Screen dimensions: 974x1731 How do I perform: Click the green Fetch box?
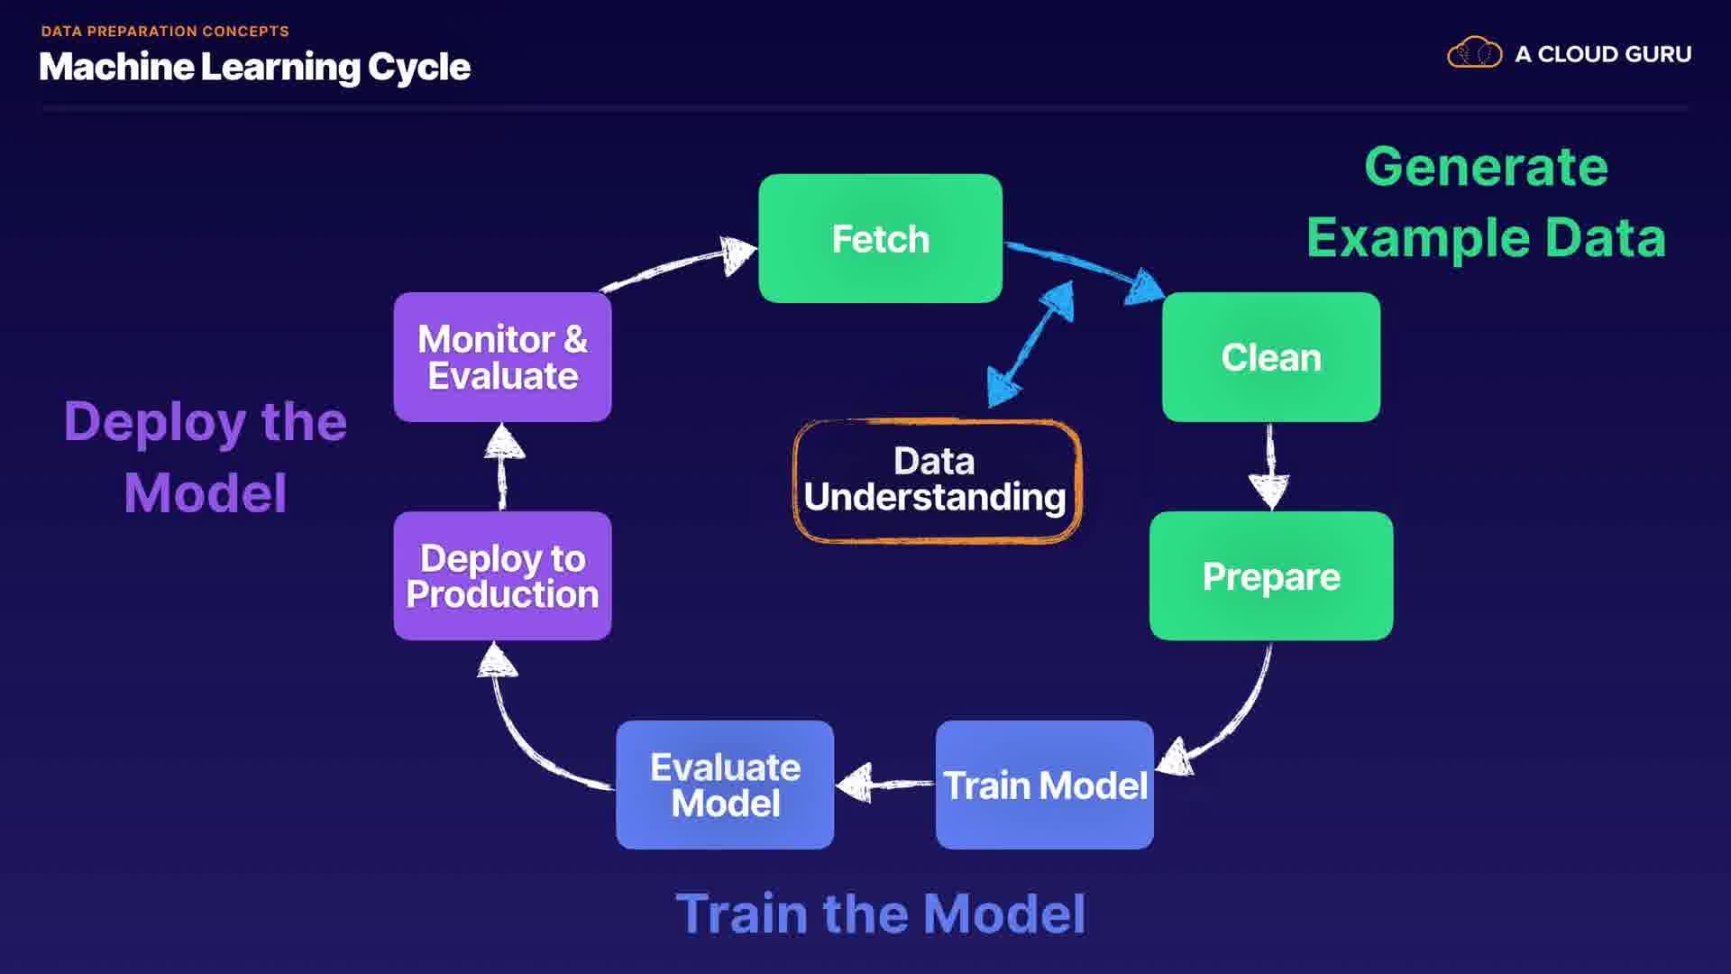tap(880, 239)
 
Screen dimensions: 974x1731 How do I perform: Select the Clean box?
tap(1270, 357)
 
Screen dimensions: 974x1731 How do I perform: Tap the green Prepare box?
tap(1270, 576)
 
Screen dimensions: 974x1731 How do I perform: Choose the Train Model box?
tap(1044, 785)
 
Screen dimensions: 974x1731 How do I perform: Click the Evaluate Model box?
tap(725, 785)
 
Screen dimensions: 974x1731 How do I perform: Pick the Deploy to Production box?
tap(502, 576)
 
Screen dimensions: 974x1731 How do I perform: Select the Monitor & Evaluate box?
tap(502, 357)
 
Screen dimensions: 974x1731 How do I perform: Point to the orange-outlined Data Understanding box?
tap(936, 480)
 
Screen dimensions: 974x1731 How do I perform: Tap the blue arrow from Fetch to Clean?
tap(1082, 266)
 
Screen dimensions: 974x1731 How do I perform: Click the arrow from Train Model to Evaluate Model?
tap(884, 783)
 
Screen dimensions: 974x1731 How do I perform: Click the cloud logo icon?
tap(1474, 53)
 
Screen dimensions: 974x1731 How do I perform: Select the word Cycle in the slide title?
tap(419, 68)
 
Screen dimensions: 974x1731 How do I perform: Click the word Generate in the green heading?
tap(1486, 167)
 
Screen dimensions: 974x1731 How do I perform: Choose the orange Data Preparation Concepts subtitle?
tap(165, 32)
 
